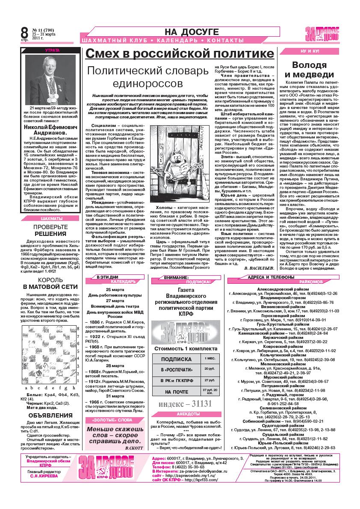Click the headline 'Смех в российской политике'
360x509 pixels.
pyautogui.click(x=180, y=53)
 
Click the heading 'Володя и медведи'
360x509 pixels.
pyautogui.click(x=313, y=70)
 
